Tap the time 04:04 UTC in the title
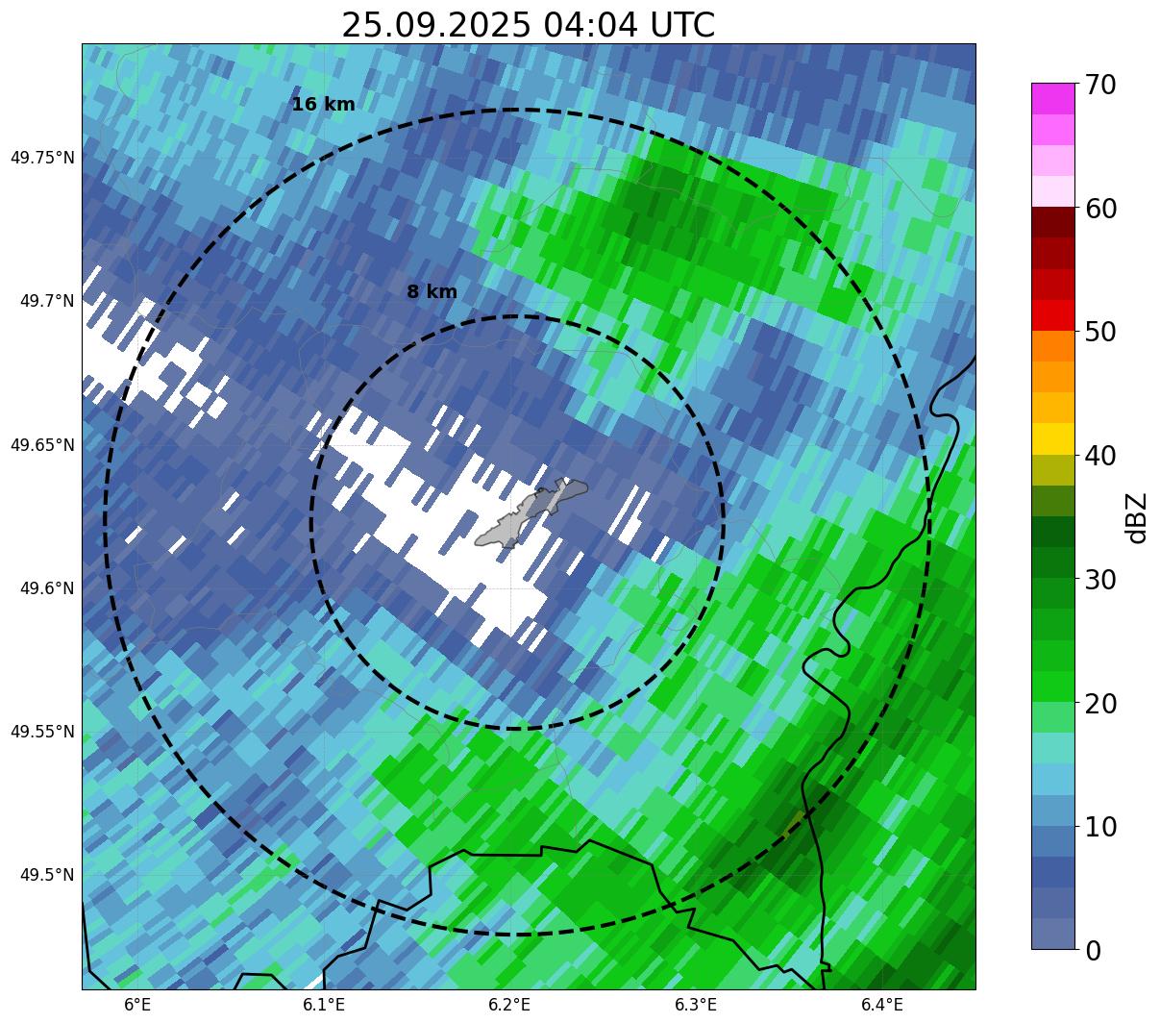(x=629, y=25)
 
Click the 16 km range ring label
(x=323, y=105)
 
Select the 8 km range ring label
(x=432, y=292)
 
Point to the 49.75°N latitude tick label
(x=42, y=158)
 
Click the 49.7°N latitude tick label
(x=46, y=301)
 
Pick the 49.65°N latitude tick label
(x=42, y=445)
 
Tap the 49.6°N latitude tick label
(x=46, y=588)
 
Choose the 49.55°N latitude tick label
(x=42, y=732)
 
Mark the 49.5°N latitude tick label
(x=46, y=875)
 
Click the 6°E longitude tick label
(x=137, y=1005)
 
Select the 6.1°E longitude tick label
(x=324, y=1005)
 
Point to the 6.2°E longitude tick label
(x=509, y=1005)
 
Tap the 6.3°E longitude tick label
(x=696, y=1005)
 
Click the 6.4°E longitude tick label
(x=881, y=1005)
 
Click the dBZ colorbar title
(x=1137, y=516)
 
